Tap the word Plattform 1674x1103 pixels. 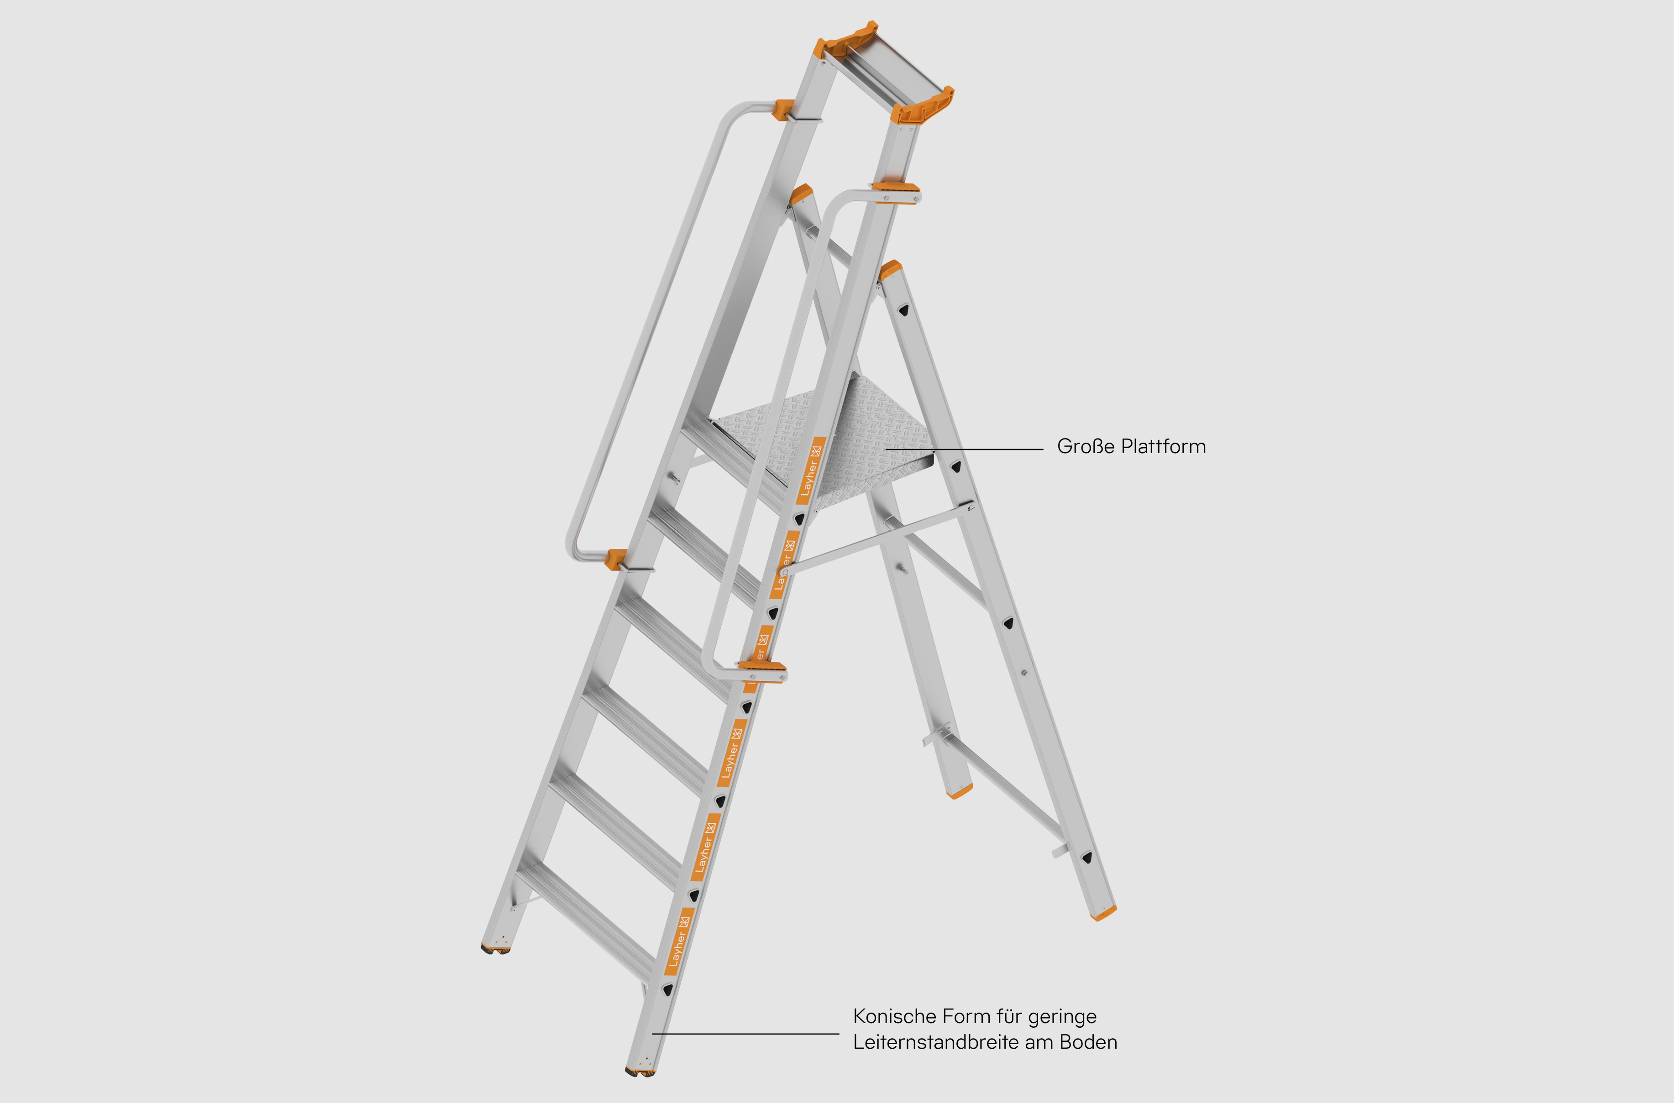point(1163,447)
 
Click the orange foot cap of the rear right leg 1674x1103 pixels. point(1103,913)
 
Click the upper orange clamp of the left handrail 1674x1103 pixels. point(784,110)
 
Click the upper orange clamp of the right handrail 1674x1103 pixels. point(895,190)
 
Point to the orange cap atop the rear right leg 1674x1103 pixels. point(891,269)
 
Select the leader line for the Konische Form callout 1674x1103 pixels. point(746,1033)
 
